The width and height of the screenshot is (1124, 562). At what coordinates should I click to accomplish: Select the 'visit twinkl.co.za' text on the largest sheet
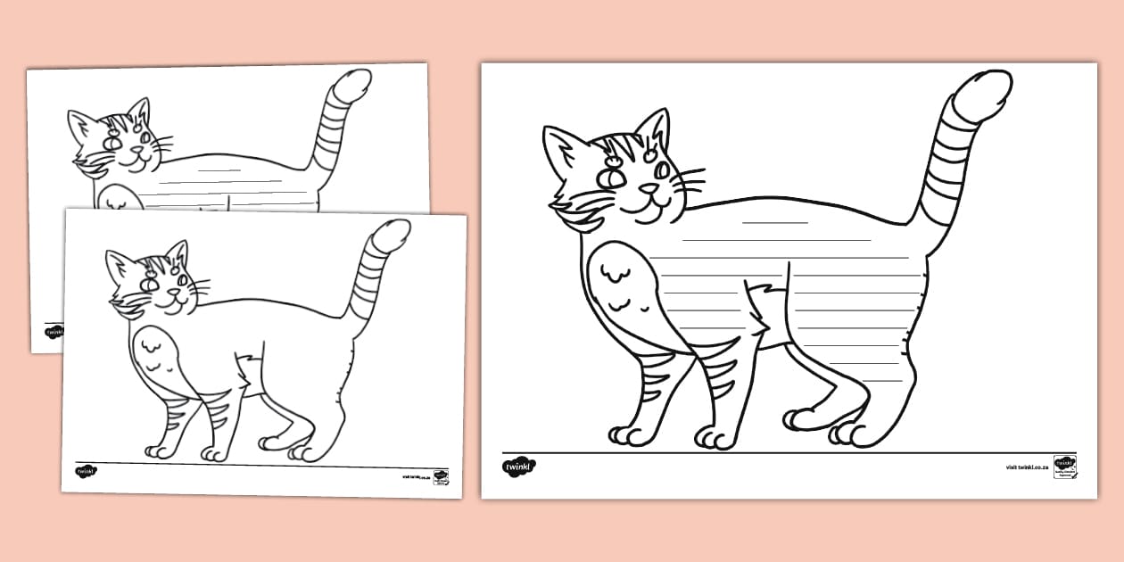(1026, 467)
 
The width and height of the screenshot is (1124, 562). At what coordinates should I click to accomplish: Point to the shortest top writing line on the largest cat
(774, 221)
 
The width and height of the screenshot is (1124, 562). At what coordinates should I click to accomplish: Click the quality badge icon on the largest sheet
(1064, 466)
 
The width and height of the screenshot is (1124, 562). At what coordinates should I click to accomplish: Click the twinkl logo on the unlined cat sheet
(86, 471)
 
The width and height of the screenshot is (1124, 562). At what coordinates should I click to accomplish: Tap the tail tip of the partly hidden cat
(355, 82)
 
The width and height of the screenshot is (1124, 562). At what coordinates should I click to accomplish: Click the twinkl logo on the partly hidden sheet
(54, 331)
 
